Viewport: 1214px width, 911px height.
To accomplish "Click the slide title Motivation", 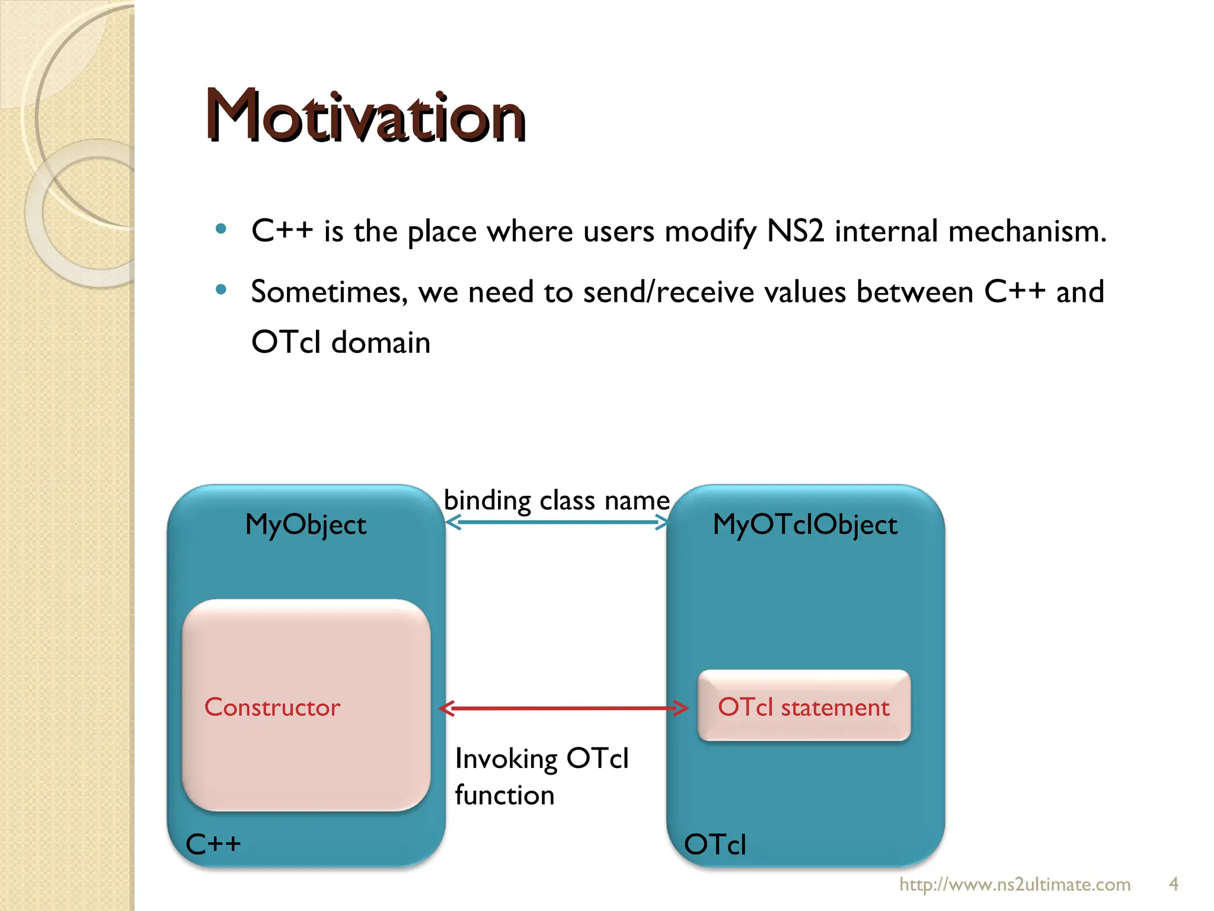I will pos(366,116).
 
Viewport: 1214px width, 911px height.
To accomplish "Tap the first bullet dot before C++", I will pos(221,229).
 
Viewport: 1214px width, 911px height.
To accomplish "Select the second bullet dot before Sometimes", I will pos(221,290).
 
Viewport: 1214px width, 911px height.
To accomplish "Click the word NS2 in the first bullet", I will pos(795,231).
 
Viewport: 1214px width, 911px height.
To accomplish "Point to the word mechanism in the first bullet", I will pos(1027,231).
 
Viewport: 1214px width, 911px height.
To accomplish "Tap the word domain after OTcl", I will pos(381,343).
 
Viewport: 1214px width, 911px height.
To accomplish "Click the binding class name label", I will pos(557,501).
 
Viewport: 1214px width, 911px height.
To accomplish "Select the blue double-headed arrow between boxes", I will pos(557,523).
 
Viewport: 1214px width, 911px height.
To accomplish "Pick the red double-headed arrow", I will pos(563,708).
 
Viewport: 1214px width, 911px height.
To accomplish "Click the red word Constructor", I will pos(272,708).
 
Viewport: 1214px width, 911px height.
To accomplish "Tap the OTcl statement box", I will pos(804,706).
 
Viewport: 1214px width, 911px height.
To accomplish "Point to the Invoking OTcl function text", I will pos(541,776).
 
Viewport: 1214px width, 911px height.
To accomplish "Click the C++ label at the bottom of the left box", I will pos(213,844).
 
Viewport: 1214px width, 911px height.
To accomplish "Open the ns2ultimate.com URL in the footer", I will pos(1015,884).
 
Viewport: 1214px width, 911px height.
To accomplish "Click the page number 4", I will pos(1173,884).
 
